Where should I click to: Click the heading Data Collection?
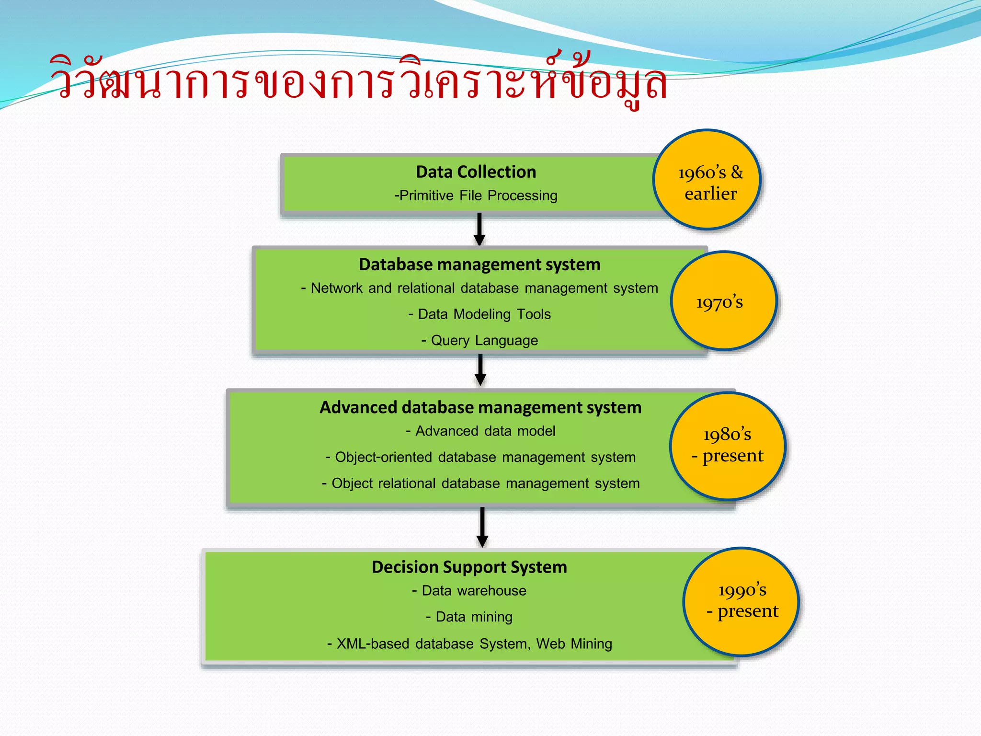[x=476, y=172]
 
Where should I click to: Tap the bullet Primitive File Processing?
[x=476, y=195]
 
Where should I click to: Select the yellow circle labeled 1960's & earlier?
[x=707, y=180]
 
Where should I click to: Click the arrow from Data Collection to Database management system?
[x=479, y=229]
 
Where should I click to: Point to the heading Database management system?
[x=479, y=264]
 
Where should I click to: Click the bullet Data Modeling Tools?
[x=479, y=314]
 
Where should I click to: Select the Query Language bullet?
[x=479, y=341]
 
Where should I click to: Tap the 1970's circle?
[x=723, y=301]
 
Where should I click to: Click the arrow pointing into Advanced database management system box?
[x=480, y=370]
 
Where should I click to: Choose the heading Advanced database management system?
[x=480, y=407]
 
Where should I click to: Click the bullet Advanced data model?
[x=480, y=431]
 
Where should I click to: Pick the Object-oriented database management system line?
[x=480, y=457]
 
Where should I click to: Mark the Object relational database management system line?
[x=480, y=483]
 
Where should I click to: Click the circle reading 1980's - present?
[x=727, y=446]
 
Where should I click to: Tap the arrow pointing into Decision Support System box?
[x=482, y=527]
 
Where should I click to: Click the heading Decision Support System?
[x=469, y=567]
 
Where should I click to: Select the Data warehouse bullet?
[x=469, y=591]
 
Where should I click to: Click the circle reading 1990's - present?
[x=741, y=601]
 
